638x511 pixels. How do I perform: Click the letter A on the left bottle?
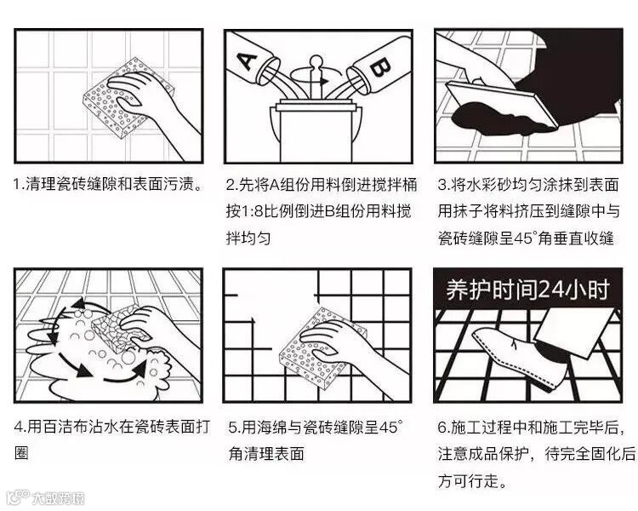(x=247, y=60)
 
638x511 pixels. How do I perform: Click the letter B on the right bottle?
(x=380, y=67)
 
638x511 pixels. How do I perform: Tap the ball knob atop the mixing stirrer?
(x=316, y=62)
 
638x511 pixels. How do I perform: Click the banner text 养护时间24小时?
(x=527, y=290)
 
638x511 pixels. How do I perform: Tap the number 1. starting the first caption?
(x=19, y=184)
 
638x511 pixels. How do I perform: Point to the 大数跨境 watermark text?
(x=59, y=498)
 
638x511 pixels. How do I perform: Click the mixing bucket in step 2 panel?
(x=316, y=130)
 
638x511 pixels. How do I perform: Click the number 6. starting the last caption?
(x=442, y=427)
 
